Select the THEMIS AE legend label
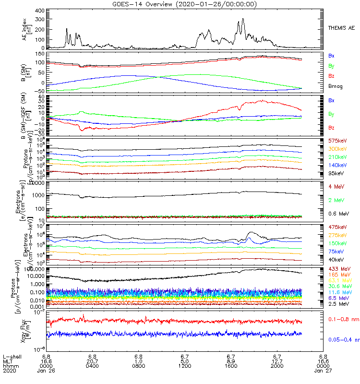341,28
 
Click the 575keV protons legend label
337,141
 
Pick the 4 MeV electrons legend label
336,186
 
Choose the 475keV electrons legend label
337,227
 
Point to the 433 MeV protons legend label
338,269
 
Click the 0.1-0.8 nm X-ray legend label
342,319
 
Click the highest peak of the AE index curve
244,19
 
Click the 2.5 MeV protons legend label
338,304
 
